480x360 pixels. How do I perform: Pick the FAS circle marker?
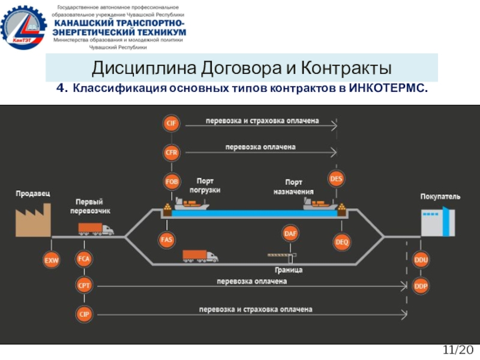tap(167, 239)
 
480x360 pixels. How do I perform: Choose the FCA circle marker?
tap(84, 259)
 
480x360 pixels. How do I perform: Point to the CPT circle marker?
tap(84, 286)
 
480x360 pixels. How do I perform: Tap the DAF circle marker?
tap(290, 232)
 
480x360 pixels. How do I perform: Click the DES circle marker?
tap(337, 178)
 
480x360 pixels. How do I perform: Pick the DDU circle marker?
tap(421, 260)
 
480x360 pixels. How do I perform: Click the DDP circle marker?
tap(421, 286)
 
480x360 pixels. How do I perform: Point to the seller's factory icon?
tap(32, 218)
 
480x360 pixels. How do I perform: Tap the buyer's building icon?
tap(434, 221)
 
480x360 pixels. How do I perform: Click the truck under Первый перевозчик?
tap(95, 229)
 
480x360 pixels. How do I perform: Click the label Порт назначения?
tap(293, 187)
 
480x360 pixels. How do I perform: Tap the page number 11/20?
tap(458, 350)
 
